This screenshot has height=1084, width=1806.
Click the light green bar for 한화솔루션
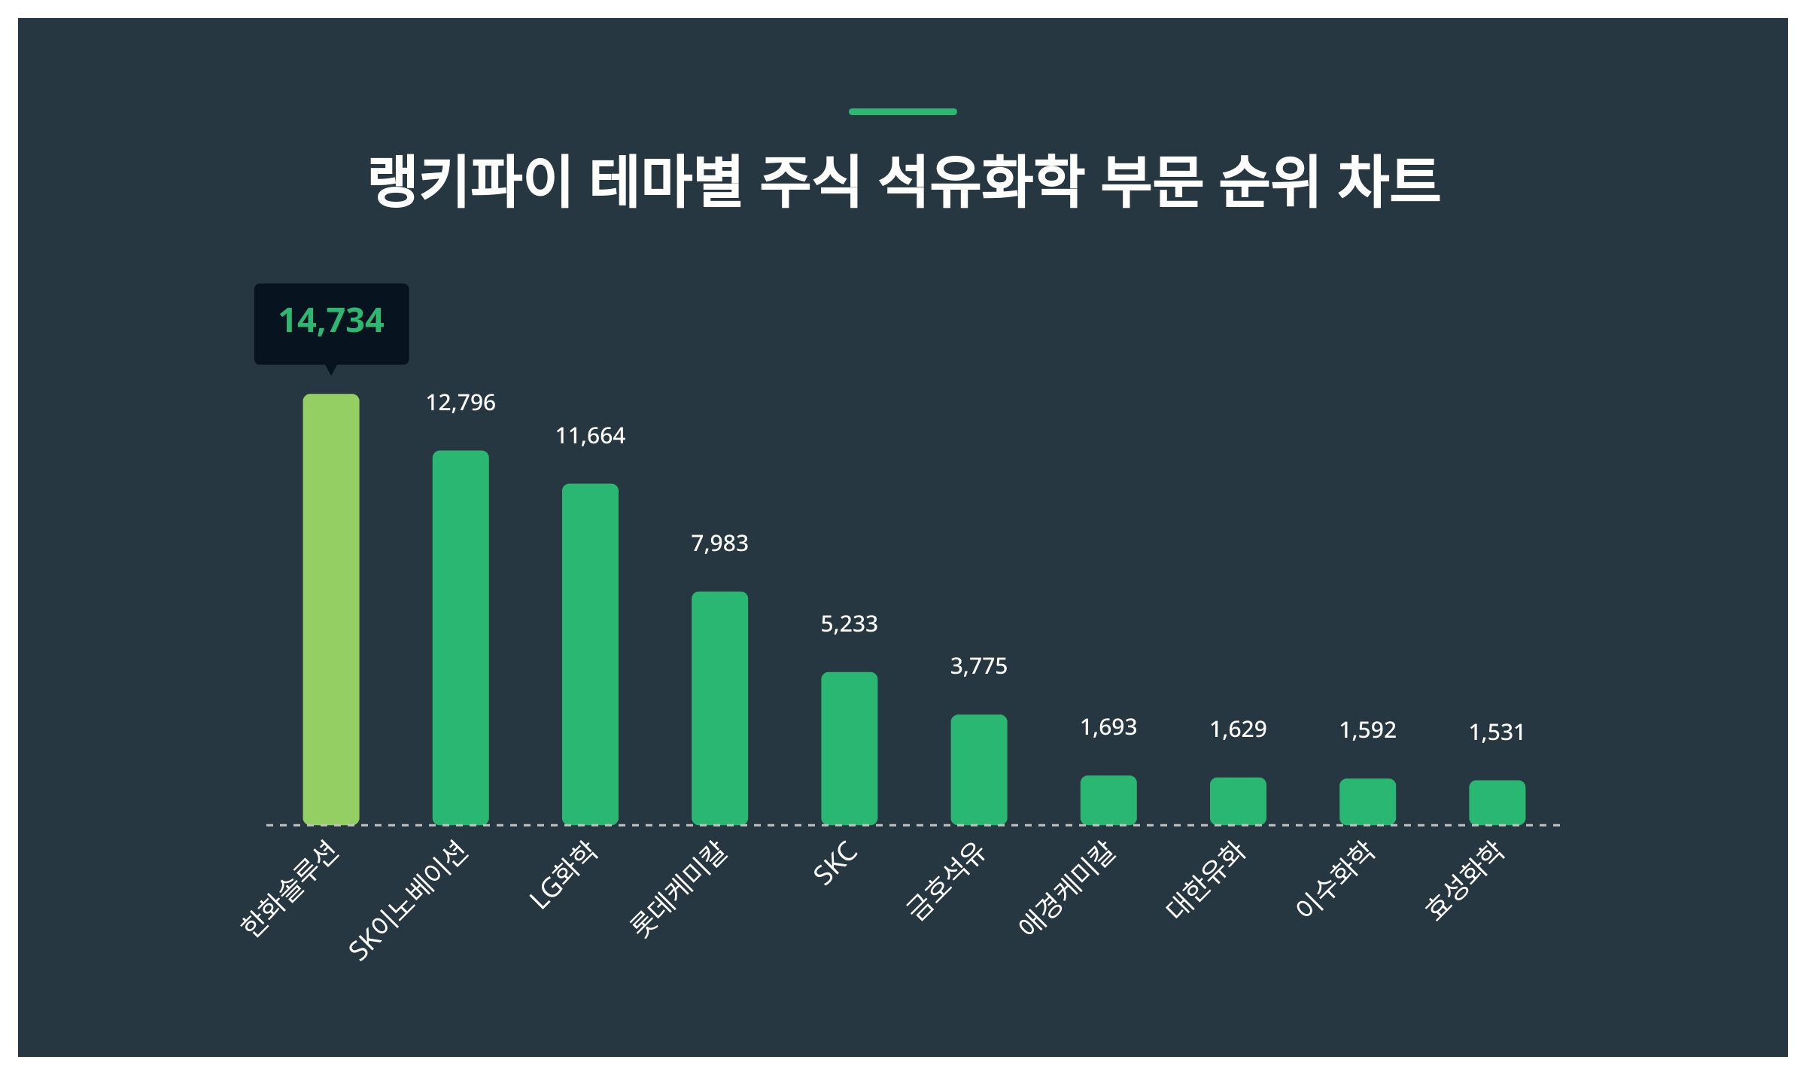click(330, 609)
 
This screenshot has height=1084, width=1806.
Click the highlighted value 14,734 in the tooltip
click(331, 321)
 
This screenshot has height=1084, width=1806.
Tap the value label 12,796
click(461, 403)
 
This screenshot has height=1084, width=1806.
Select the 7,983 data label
click(719, 544)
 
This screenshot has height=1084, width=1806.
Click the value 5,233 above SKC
click(849, 624)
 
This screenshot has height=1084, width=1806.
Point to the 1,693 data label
click(1108, 727)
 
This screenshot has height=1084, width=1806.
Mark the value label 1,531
click(1497, 732)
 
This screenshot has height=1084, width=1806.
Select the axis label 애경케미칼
click(1067, 888)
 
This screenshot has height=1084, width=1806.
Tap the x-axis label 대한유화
click(1206, 881)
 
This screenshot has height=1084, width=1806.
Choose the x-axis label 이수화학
click(1336, 879)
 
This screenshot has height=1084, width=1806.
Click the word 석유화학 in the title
click(981, 182)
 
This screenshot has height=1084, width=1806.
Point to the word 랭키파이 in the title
click(469, 182)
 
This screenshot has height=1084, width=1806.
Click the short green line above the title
click(902, 111)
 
